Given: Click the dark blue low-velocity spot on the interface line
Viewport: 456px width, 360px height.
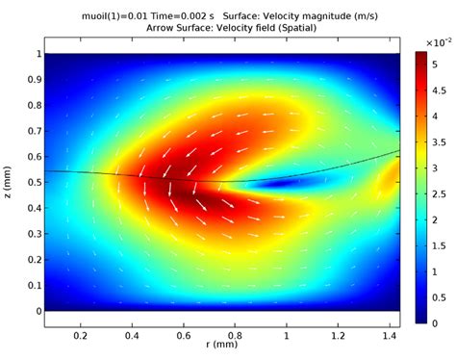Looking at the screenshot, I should click(x=283, y=182).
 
